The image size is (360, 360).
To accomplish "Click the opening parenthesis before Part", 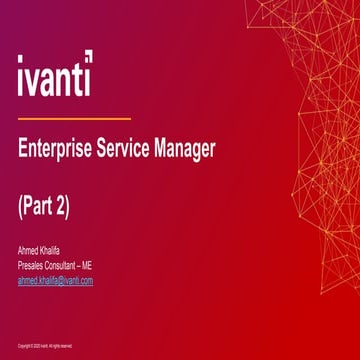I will pos(21,207).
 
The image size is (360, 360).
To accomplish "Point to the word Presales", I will pos(34,265).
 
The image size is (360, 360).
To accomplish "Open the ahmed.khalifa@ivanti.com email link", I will pos(55,281).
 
